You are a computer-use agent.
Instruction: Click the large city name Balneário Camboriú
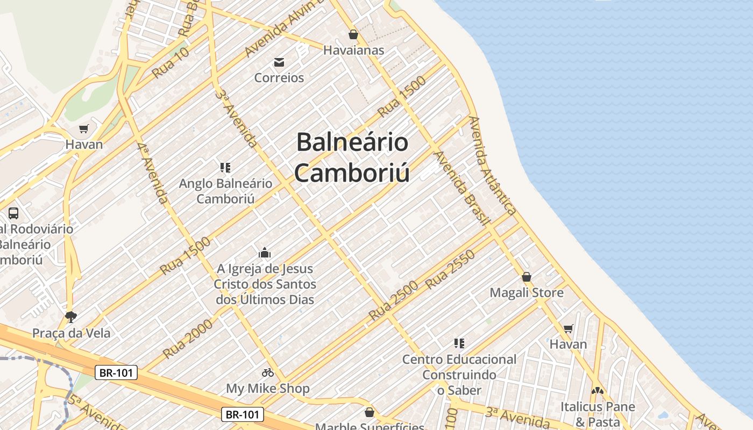(352, 157)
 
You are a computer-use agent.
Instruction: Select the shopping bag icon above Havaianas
(353, 34)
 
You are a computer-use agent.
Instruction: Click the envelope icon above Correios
(279, 62)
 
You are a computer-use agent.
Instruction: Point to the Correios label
(279, 77)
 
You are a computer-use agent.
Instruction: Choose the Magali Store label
(527, 292)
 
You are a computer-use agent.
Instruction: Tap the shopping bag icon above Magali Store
(527, 277)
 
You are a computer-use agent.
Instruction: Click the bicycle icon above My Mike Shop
(268, 372)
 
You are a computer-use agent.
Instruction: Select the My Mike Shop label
(268, 388)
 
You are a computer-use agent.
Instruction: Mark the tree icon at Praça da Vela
(70, 317)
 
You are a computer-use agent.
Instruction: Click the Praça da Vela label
(72, 333)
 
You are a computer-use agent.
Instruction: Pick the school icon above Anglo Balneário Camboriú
(225, 167)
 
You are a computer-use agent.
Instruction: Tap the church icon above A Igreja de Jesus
(265, 252)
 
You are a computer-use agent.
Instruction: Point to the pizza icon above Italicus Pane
(598, 391)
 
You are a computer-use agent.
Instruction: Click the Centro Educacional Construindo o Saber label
(459, 374)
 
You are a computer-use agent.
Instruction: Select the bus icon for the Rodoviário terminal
(13, 213)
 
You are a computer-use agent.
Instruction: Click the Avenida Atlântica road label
(492, 166)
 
